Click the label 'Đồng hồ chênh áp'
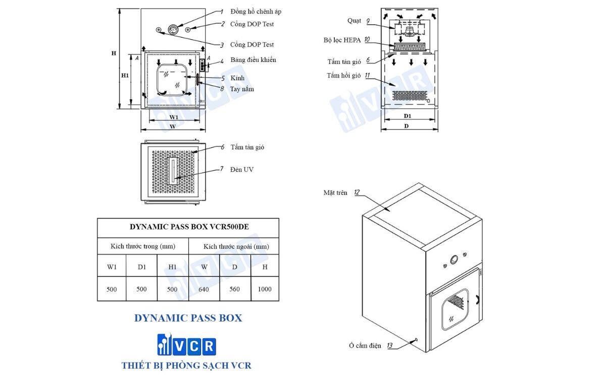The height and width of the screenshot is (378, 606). tap(256, 11)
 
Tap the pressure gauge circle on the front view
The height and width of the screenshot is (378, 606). tap(173, 29)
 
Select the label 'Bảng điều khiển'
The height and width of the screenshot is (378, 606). tap(253, 60)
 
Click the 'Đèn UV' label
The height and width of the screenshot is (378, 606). tap(242, 169)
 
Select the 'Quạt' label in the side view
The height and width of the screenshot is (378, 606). tap(354, 20)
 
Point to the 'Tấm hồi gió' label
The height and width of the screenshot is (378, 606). tap(343, 76)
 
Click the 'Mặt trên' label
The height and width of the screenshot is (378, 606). tap(335, 193)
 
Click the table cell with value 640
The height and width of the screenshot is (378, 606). tap(204, 289)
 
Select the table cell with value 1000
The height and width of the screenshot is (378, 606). tap(264, 289)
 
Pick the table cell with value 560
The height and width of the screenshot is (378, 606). tap(234, 289)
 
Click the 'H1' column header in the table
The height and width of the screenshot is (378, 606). tap(173, 267)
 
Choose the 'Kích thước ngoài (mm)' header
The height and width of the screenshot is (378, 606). tap(233, 246)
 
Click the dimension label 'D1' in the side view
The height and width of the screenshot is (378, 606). tap(408, 116)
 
